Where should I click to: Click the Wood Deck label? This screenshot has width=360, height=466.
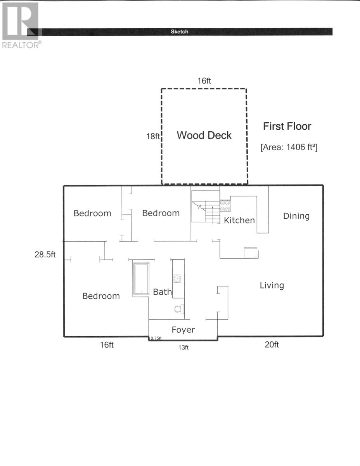click(204, 135)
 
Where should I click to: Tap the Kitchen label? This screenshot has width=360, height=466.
click(239, 220)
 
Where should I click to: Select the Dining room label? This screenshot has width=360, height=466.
click(296, 216)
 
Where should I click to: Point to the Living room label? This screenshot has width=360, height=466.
click(272, 286)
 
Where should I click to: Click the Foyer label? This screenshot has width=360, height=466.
click(183, 330)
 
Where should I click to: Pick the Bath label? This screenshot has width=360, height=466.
click(162, 292)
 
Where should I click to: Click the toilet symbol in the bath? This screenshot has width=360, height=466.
click(179, 309)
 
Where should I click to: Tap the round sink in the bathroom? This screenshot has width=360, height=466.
click(177, 279)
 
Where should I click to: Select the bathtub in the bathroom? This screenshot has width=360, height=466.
click(141, 278)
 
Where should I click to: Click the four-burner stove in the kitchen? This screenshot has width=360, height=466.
click(225, 206)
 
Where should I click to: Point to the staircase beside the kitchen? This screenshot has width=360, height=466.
click(206, 206)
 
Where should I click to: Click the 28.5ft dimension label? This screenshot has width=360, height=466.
click(45, 254)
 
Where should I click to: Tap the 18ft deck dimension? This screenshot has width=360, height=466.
click(153, 136)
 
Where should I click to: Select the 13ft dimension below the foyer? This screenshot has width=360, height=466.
click(183, 348)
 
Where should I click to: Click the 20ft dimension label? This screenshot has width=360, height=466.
click(272, 344)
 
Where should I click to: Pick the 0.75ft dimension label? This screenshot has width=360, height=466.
click(156, 338)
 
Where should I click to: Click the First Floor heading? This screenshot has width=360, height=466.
click(287, 126)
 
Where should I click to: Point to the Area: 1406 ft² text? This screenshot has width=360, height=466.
click(289, 147)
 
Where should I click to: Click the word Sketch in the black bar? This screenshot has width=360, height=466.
click(180, 31)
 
